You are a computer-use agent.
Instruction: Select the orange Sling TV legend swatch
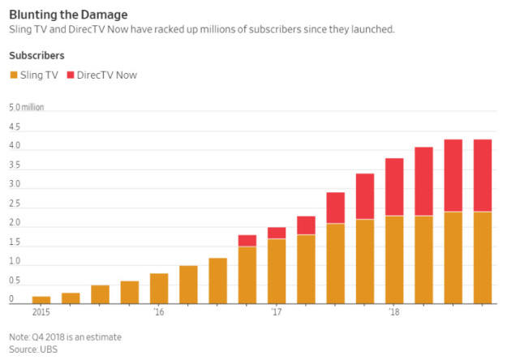(x=13, y=75)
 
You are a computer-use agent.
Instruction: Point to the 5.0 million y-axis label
(x=26, y=107)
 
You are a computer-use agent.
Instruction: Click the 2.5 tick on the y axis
(x=14, y=205)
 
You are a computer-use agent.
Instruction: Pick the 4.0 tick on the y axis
(x=14, y=147)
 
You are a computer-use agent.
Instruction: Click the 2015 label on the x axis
(x=41, y=311)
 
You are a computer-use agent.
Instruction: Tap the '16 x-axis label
(x=158, y=311)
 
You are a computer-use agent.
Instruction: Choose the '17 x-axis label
(x=277, y=311)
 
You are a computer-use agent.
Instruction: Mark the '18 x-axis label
(x=394, y=311)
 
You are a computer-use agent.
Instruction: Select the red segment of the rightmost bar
(x=483, y=175)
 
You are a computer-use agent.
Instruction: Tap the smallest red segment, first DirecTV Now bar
(x=247, y=241)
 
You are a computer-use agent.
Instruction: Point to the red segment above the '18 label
(x=394, y=187)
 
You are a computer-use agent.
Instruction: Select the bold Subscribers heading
(x=37, y=55)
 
